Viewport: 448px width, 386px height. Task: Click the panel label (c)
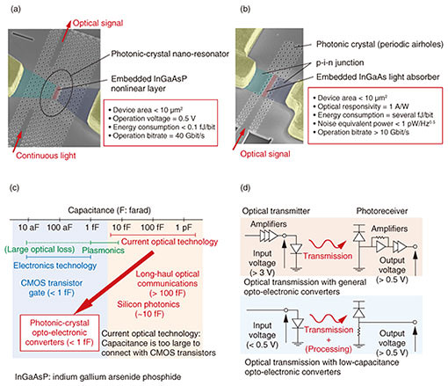(x=15, y=187)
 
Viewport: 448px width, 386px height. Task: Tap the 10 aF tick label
(x=28, y=228)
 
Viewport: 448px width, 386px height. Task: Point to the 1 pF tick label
(x=184, y=228)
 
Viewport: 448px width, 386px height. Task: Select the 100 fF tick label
(x=152, y=228)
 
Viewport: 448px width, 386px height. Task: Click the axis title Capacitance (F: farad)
(x=110, y=210)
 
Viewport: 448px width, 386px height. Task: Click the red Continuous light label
(x=46, y=156)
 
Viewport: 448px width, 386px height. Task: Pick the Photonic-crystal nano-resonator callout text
(x=170, y=54)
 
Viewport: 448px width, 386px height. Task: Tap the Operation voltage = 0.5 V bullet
(x=152, y=119)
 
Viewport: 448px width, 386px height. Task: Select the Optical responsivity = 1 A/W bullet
(x=361, y=106)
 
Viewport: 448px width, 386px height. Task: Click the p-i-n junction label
(x=340, y=62)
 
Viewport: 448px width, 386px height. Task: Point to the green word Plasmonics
(x=103, y=251)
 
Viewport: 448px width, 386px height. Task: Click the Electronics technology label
(x=55, y=266)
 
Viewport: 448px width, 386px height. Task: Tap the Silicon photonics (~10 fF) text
(x=148, y=309)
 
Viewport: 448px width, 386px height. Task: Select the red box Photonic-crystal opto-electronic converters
(x=60, y=332)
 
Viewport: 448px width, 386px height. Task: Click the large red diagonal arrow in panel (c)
(x=113, y=282)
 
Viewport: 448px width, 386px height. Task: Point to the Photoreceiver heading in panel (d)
(x=382, y=211)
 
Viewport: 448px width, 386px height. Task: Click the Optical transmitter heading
(x=276, y=211)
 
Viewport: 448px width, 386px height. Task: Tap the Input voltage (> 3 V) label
(x=262, y=263)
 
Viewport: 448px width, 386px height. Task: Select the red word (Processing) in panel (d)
(x=329, y=349)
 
